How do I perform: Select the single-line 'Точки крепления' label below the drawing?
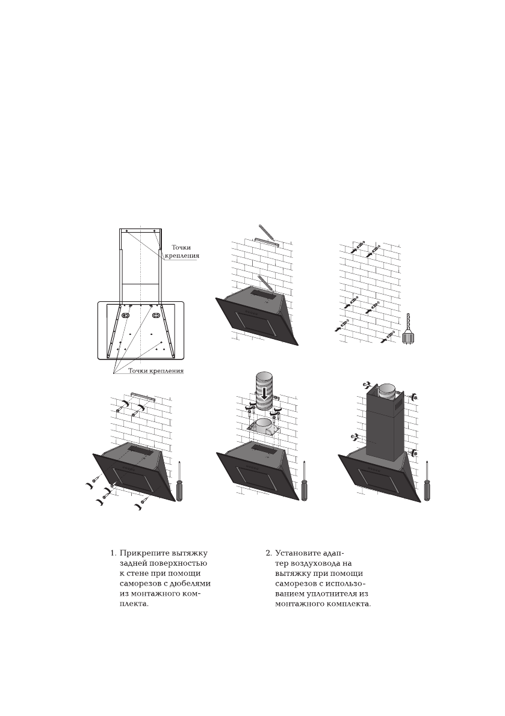tap(156, 371)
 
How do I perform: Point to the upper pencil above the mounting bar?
tap(265, 232)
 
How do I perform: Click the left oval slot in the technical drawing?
tap(126, 314)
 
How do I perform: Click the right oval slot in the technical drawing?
tap(155, 314)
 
